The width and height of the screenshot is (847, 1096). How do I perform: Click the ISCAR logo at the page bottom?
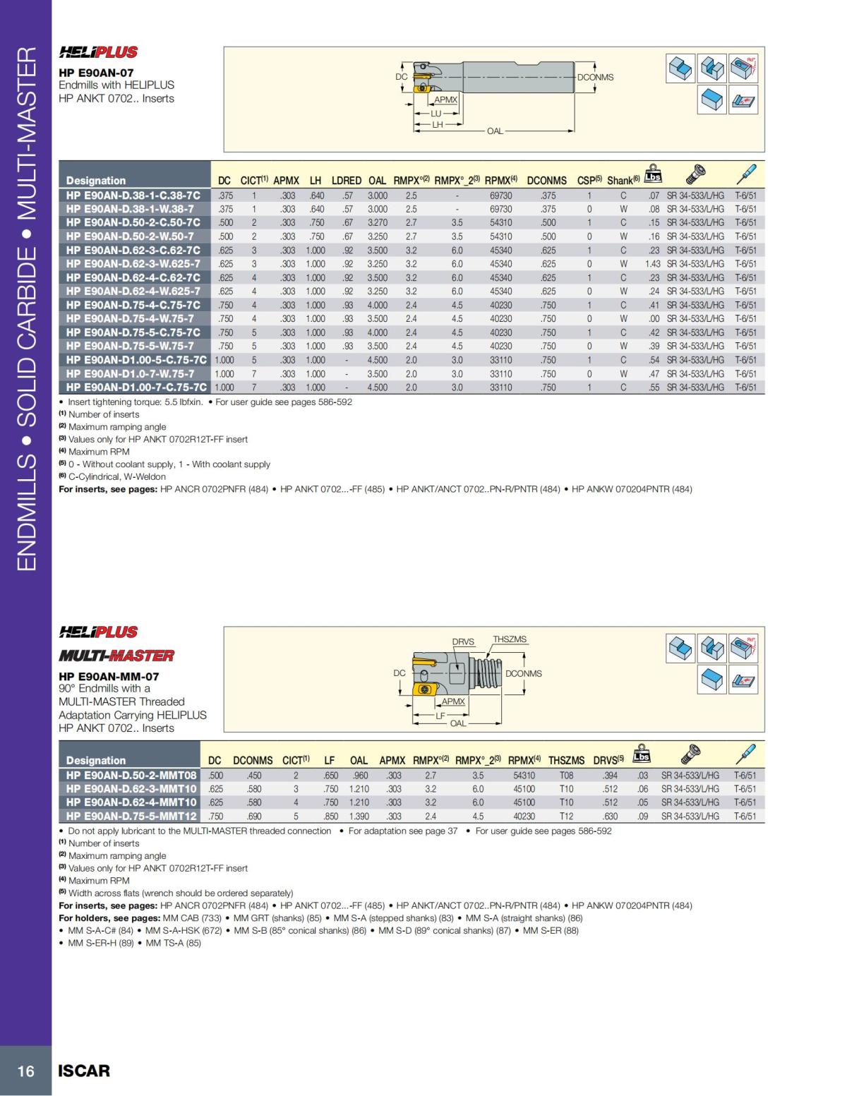pos(84,1071)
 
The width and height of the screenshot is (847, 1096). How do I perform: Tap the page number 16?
pos(25,1071)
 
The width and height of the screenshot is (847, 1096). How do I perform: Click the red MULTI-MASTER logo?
pos(116,656)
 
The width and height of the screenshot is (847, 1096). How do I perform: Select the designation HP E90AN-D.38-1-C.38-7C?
pos(133,195)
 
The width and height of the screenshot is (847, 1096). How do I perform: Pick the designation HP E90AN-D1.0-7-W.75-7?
pos(130,374)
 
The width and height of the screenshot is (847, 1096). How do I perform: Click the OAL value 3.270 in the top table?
pos(378,223)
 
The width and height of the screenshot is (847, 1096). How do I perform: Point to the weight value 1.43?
pos(652,264)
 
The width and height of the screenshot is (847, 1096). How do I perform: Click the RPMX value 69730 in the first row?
pos(501,195)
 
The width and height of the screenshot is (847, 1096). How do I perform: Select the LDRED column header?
pos(347,181)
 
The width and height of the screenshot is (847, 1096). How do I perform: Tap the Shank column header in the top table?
pos(623,181)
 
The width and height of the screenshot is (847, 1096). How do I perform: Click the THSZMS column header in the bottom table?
pos(566,761)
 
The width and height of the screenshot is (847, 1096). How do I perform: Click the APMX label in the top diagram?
pos(445,100)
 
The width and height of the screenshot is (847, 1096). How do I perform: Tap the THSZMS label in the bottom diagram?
pos(510,639)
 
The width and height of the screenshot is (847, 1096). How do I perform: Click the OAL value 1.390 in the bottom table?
pos(359,817)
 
